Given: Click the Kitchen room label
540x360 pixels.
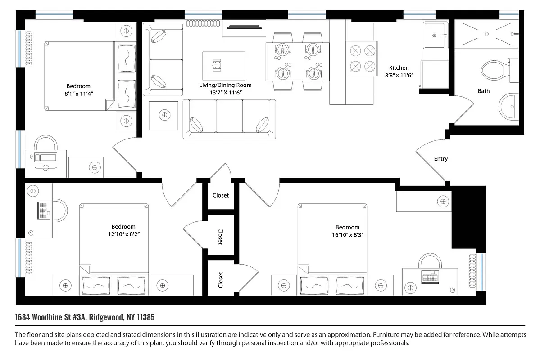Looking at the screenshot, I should tap(399, 68).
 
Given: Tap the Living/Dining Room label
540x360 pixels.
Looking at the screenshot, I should tap(225, 85).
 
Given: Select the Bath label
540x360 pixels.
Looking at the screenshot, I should tap(484, 91).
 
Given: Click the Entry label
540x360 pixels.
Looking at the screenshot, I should tap(440, 159).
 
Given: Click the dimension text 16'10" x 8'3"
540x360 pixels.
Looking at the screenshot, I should tap(347, 234).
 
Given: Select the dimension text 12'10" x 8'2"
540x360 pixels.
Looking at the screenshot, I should tap(123, 234).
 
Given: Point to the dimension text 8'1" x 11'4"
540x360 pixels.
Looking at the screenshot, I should tap(78, 94).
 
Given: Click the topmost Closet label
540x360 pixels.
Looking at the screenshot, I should tap(221, 195).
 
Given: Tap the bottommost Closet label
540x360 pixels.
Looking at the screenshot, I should tap(221, 279).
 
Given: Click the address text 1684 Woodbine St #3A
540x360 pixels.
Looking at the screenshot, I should tap(50, 317).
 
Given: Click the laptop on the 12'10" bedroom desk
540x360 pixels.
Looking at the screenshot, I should tap(44, 210).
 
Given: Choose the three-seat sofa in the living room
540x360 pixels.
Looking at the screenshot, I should tap(229, 119).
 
